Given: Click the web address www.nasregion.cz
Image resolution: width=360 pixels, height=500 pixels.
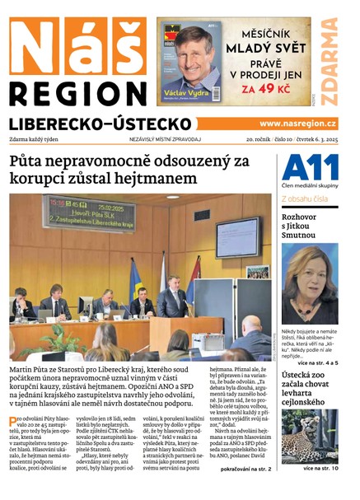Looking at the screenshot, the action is pos(297,123).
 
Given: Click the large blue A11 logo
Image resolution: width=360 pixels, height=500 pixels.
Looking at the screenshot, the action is pos(310,168).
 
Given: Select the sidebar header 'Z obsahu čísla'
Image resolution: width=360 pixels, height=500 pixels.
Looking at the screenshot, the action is pos(304,199).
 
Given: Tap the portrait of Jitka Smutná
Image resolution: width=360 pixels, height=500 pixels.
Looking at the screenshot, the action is pos(309,282).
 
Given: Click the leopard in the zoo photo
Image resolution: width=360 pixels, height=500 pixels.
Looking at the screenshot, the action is pos(309,437).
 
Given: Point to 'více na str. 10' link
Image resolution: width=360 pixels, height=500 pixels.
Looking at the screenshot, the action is pos(320,469).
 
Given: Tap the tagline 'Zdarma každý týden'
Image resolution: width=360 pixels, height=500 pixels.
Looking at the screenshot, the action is pos(35,140).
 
